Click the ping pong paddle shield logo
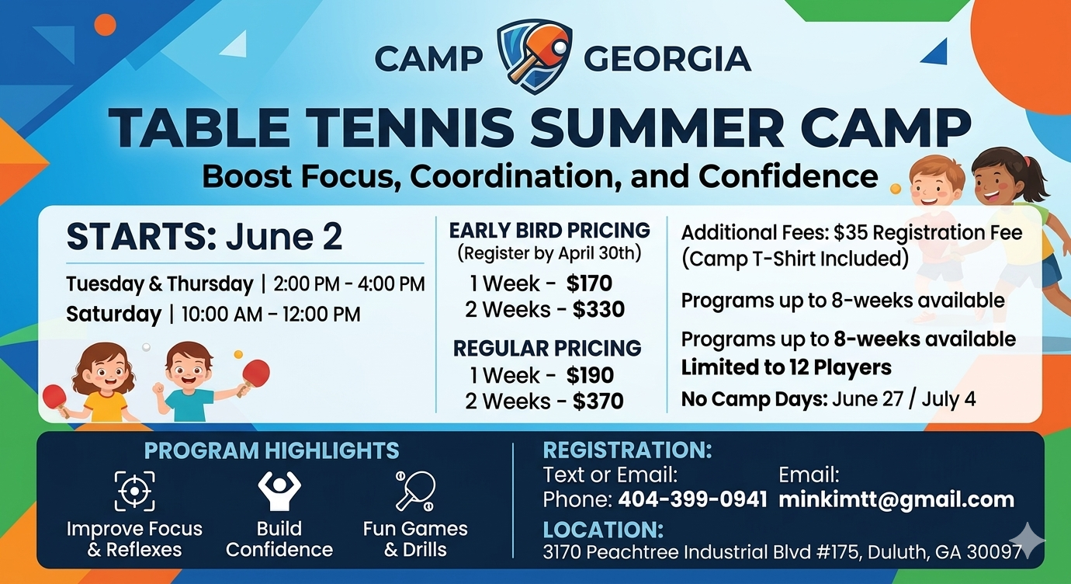(x=535, y=57)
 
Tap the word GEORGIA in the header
(x=667, y=59)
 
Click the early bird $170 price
(x=589, y=283)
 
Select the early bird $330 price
(x=598, y=309)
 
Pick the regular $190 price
(x=590, y=375)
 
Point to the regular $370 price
(x=598, y=401)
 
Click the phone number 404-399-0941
(x=692, y=499)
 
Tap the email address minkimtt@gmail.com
(x=896, y=500)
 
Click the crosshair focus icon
(x=135, y=491)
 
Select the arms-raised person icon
(x=279, y=492)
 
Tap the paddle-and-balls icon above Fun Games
(x=415, y=492)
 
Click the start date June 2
(x=284, y=237)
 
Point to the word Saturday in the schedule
(x=114, y=315)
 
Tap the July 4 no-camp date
(x=948, y=399)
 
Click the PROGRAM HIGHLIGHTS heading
(x=272, y=450)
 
